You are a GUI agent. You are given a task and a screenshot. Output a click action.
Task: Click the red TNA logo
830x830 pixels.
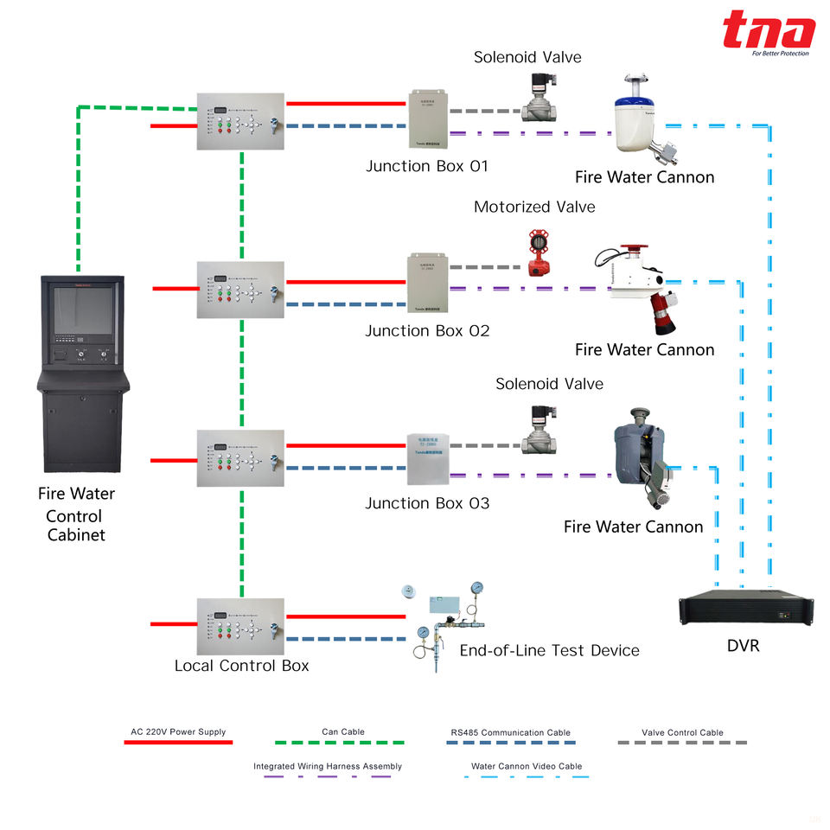click(x=769, y=32)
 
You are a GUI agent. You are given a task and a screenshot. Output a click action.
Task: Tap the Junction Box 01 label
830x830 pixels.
click(x=427, y=166)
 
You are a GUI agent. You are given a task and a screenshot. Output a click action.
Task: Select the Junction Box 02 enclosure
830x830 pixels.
click(x=430, y=281)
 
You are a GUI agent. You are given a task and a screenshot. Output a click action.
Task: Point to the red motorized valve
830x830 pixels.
click(x=540, y=253)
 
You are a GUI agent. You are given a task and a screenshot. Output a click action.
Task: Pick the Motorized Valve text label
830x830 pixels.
click(x=534, y=207)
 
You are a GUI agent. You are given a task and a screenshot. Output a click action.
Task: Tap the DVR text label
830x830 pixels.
click(x=743, y=645)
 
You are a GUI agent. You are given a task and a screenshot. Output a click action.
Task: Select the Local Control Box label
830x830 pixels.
click(x=241, y=666)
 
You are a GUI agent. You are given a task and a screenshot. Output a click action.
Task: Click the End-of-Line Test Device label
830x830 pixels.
click(x=549, y=650)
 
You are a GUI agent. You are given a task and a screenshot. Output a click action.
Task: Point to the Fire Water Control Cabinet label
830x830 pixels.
click(x=76, y=514)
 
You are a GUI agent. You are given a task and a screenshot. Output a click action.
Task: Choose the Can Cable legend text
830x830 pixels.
click(x=343, y=732)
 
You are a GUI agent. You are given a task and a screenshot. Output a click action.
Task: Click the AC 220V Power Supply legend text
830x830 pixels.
click(x=178, y=732)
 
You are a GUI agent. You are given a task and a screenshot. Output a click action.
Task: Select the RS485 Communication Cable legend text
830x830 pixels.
click(x=510, y=732)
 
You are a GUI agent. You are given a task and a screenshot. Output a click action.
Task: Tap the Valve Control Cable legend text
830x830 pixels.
click(x=682, y=732)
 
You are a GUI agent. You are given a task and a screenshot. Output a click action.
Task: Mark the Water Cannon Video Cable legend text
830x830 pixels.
click(x=527, y=766)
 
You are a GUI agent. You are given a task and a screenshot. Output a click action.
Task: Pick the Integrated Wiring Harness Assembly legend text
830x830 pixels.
click(x=328, y=766)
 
